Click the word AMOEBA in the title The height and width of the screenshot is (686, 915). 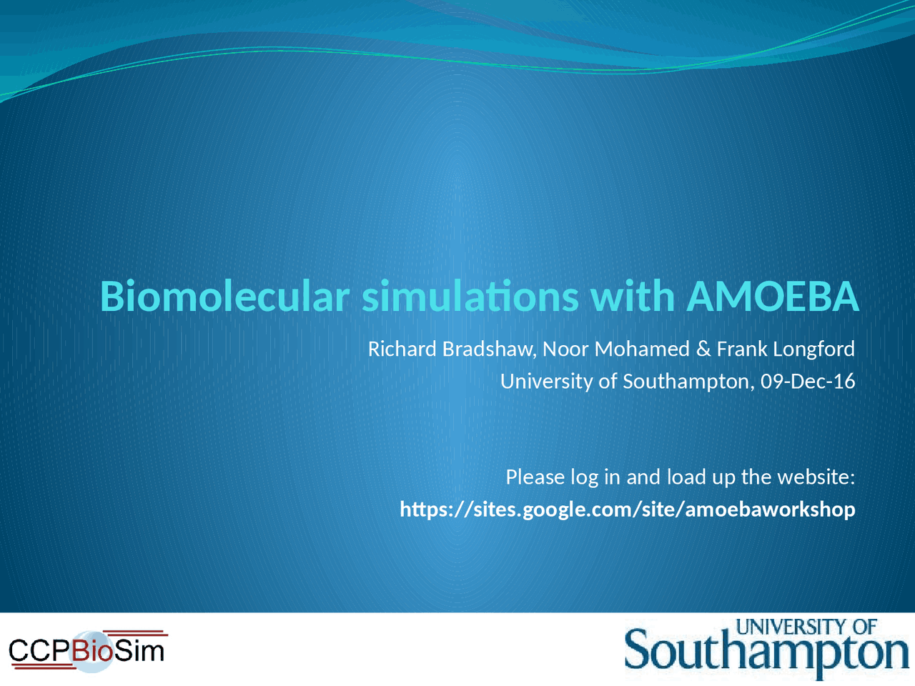click(x=772, y=297)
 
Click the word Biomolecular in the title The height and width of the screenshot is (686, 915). click(x=224, y=297)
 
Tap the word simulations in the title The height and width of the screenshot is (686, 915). click(x=470, y=297)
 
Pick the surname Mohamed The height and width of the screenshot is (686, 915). click(x=641, y=349)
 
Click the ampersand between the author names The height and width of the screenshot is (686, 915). click(x=703, y=349)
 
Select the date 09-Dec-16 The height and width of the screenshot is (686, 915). click(x=808, y=382)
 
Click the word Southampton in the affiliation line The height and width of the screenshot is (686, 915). click(x=687, y=382)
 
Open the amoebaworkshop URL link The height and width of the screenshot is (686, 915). click(x=627, y=509)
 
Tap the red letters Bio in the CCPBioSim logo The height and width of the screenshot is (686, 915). click(x=92, y=651)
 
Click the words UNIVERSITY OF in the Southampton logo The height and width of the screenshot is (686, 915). click(x=806, y=627)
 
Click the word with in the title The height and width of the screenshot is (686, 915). click(x=632, y=297)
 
